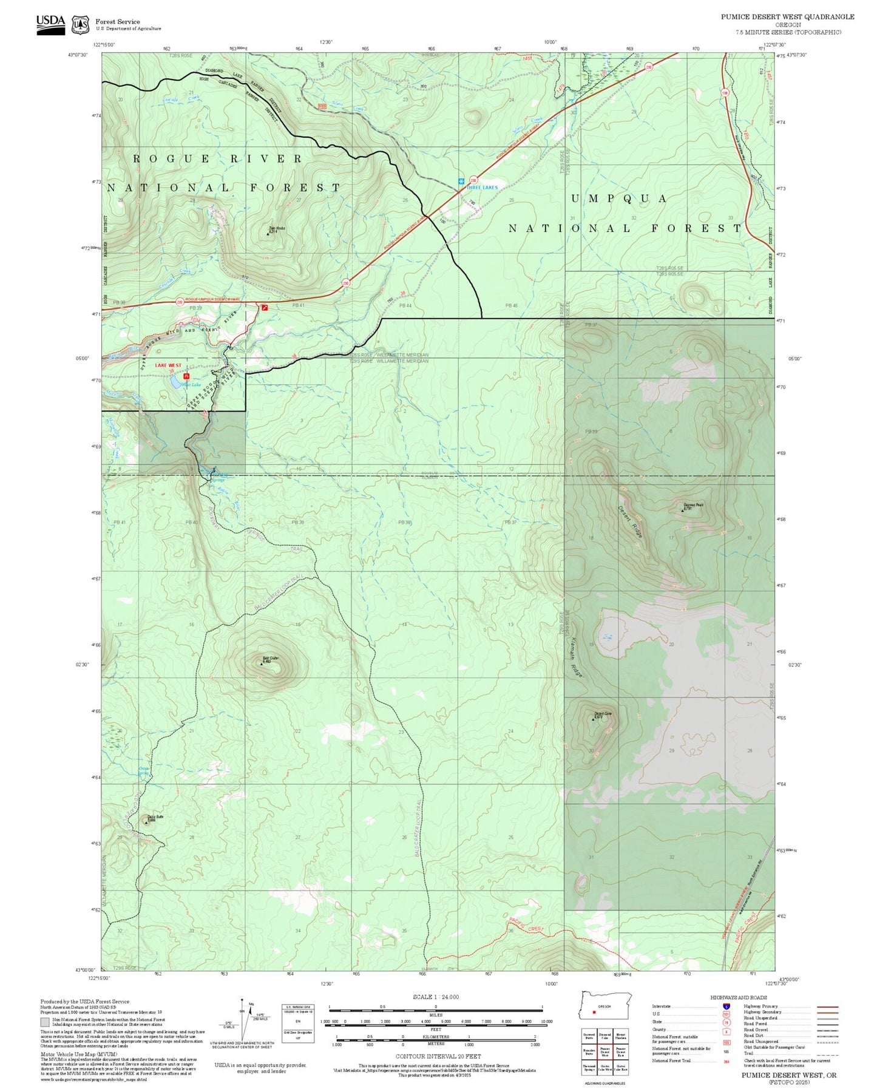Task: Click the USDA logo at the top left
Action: [50, 24]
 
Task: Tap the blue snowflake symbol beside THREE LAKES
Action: [461, 181]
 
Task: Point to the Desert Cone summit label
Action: [603, 714]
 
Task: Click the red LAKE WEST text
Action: [168, 365]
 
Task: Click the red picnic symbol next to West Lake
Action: [186, 376]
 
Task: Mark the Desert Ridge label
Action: [630, 521]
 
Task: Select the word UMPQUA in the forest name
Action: [618, 199]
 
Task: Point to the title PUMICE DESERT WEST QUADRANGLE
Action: [787, 17]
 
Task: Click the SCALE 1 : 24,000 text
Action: [435, 997]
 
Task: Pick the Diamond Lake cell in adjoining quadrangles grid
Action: [604, 1037]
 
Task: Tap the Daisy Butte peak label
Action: [155, 817]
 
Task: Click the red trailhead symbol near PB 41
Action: [264, 308]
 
